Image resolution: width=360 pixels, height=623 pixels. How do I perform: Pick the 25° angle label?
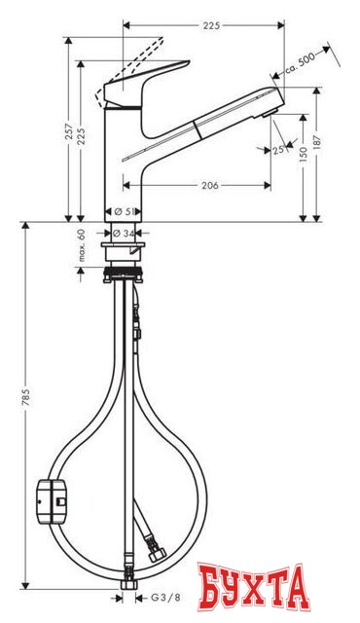(281, 150)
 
